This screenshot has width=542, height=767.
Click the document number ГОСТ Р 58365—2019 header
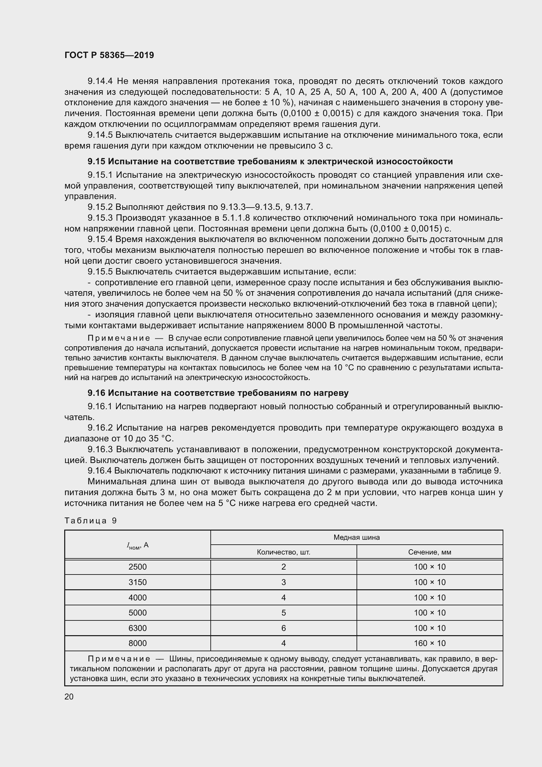click(x=109, y=55)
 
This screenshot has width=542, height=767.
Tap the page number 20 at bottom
click(x=69, y=696)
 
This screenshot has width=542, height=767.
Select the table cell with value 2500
click(x=138, y=567)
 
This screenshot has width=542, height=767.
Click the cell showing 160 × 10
click(x=430, y=643)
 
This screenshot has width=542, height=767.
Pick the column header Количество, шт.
click(x=283, y=552)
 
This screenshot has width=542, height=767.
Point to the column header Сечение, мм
click(x=430, y=552)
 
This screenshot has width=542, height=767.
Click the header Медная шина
click(x=357, y=537)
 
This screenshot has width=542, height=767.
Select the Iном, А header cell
click(x=138, y=545)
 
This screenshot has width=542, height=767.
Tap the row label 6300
click(x=138, y=628)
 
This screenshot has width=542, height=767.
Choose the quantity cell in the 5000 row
click(x=283, y=613)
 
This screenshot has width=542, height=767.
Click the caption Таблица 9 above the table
click(x=90, y=521)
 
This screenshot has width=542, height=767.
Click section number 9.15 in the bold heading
click(x=96, y=161)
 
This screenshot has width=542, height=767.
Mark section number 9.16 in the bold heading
click(x=96, y=393)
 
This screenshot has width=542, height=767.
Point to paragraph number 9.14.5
click(x=100, y=135)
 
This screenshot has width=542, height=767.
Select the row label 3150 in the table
click(x=138, y=582)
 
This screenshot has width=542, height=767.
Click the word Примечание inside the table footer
click(x=119, y=659)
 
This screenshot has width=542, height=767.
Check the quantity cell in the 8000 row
click(x=283, y=643)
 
